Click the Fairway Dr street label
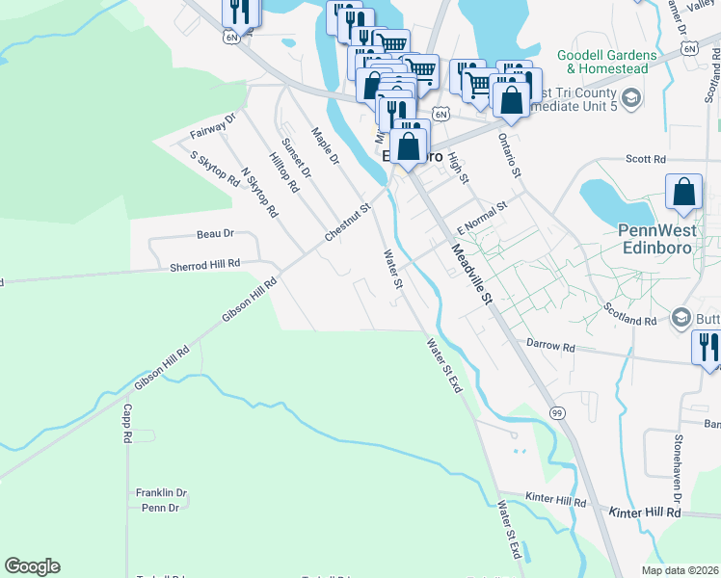pos(212,125)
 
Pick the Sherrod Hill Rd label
pos(204,265)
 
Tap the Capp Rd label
pos(126,423)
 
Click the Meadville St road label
pos(471,275)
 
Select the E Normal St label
pos(482,219)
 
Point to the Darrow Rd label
pos(550,345)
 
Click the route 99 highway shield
pos(557,413)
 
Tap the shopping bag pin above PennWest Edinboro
pos(683,191)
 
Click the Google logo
pos(32,566)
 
